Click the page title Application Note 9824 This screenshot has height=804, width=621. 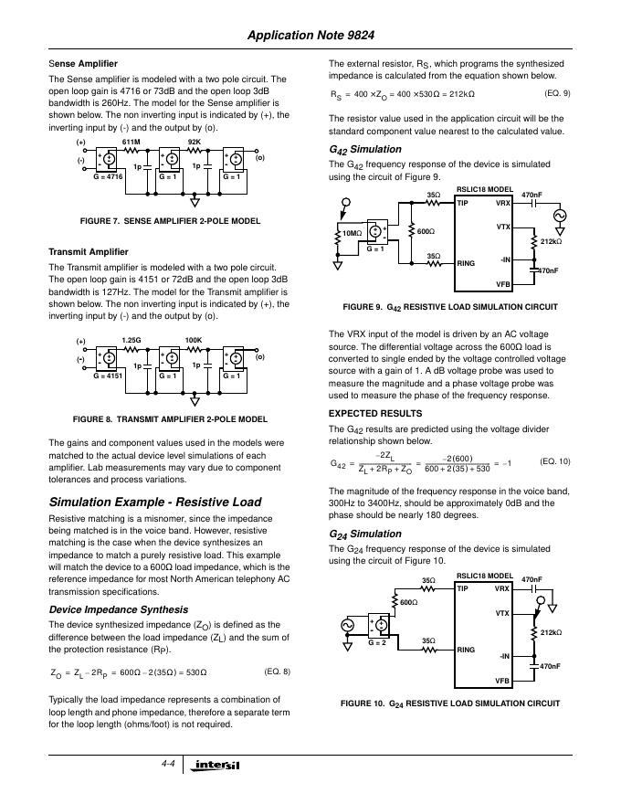pos(310,37)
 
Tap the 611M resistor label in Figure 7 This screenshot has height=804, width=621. pos(131,143)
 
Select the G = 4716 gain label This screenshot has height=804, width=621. pos(108,175)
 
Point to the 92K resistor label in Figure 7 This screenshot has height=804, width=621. pos(194,143)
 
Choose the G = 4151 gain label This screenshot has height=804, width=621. pos(108,375)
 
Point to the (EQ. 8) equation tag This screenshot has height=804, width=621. pos(277,672)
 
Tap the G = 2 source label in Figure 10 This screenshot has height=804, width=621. pos(377,643)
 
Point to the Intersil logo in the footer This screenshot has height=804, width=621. pos(216,764)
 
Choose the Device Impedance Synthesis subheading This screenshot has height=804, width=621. pos(118,609)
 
